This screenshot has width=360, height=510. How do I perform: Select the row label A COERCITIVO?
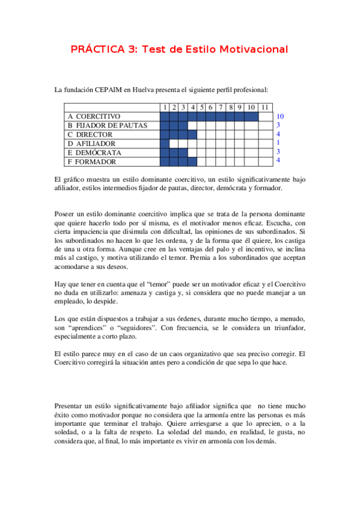(x=94, y=116)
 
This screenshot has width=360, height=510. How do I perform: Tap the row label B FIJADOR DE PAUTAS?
(x=108, y=125)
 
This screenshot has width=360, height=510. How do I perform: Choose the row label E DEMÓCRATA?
(x=94, y=153)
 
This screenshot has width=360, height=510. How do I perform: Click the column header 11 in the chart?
(x=265, y=107)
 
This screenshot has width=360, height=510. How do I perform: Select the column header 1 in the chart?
(x=165, y=107)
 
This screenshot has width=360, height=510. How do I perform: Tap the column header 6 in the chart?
(x=212, y=107)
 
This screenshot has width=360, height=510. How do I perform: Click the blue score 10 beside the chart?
(x=279, y=116)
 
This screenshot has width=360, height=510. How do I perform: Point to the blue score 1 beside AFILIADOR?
(x=278, y=143)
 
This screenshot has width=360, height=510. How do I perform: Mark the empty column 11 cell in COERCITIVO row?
(x=265, y=116)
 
